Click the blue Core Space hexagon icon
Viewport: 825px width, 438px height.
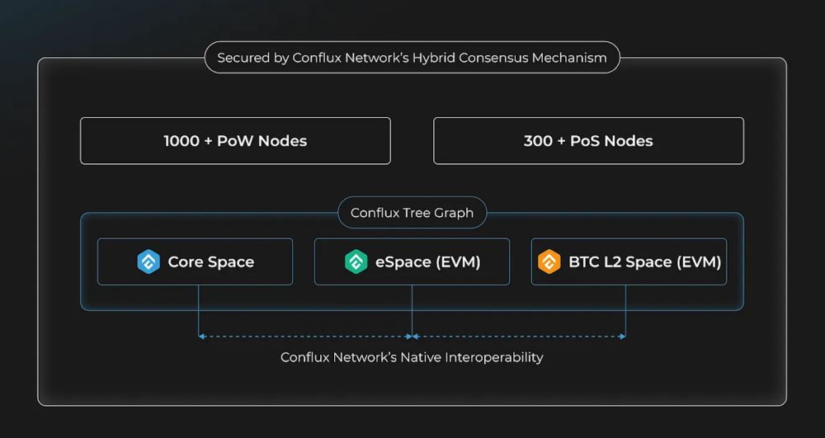pos(148,262)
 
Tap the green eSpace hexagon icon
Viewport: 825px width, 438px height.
pos(356,262)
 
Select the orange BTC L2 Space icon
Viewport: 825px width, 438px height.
pos(549,262)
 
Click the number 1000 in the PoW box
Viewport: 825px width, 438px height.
pos(181,141)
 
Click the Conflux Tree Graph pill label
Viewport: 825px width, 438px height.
pos(412,213)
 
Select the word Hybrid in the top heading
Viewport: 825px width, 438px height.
pos(431,58)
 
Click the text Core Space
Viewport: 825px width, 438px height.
pos(211,262)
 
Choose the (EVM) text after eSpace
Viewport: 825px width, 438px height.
pos(459,262)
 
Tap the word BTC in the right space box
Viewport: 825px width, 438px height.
pos(584,262)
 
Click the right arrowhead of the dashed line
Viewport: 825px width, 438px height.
pos(623,336)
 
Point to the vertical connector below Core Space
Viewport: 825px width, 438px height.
pos(198,309)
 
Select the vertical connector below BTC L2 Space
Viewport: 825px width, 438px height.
pos(625,309)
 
